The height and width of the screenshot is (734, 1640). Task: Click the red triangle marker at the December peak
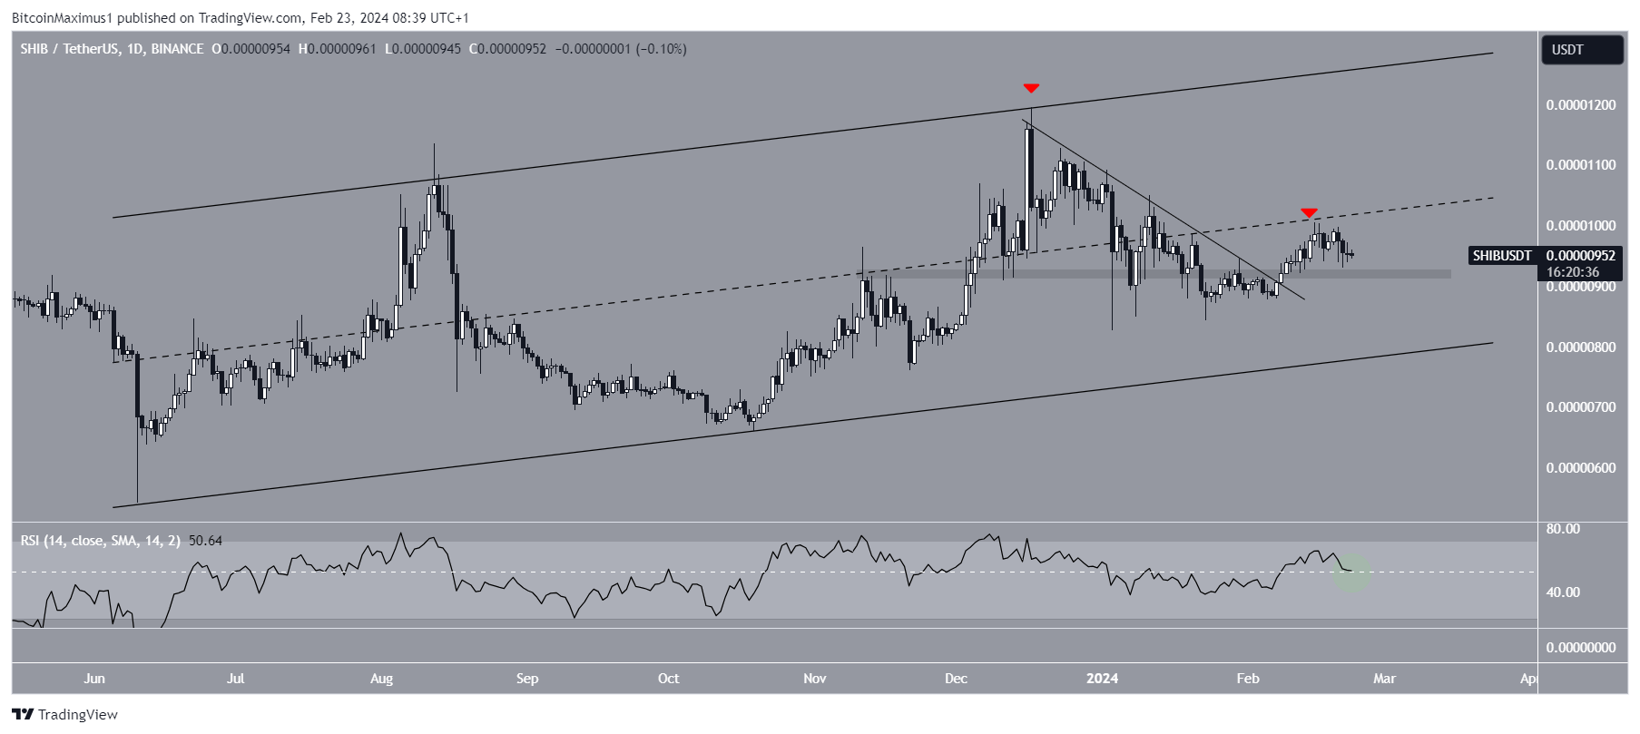1031,88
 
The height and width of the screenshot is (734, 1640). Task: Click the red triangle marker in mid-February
1309,212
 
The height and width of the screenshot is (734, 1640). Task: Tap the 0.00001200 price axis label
1580,105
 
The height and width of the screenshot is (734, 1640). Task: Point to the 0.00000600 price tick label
1580,468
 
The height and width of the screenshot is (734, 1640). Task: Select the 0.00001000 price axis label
1580,226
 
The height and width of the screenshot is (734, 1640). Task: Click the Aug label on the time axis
382,679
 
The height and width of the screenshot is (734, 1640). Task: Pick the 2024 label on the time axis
1102,679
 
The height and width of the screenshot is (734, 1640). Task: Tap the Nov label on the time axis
815,679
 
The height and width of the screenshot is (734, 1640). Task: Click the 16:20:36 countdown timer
1573,272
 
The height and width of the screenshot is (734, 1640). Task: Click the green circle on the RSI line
1351,573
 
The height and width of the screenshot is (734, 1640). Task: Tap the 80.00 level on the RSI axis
1563,529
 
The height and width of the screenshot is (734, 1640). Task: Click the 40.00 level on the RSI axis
1563,592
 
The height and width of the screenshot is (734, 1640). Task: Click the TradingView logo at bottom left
64,715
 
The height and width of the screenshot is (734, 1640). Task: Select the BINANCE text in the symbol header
178,49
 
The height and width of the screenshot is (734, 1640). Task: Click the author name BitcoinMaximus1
64,17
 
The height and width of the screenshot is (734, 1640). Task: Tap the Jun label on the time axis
94,679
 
